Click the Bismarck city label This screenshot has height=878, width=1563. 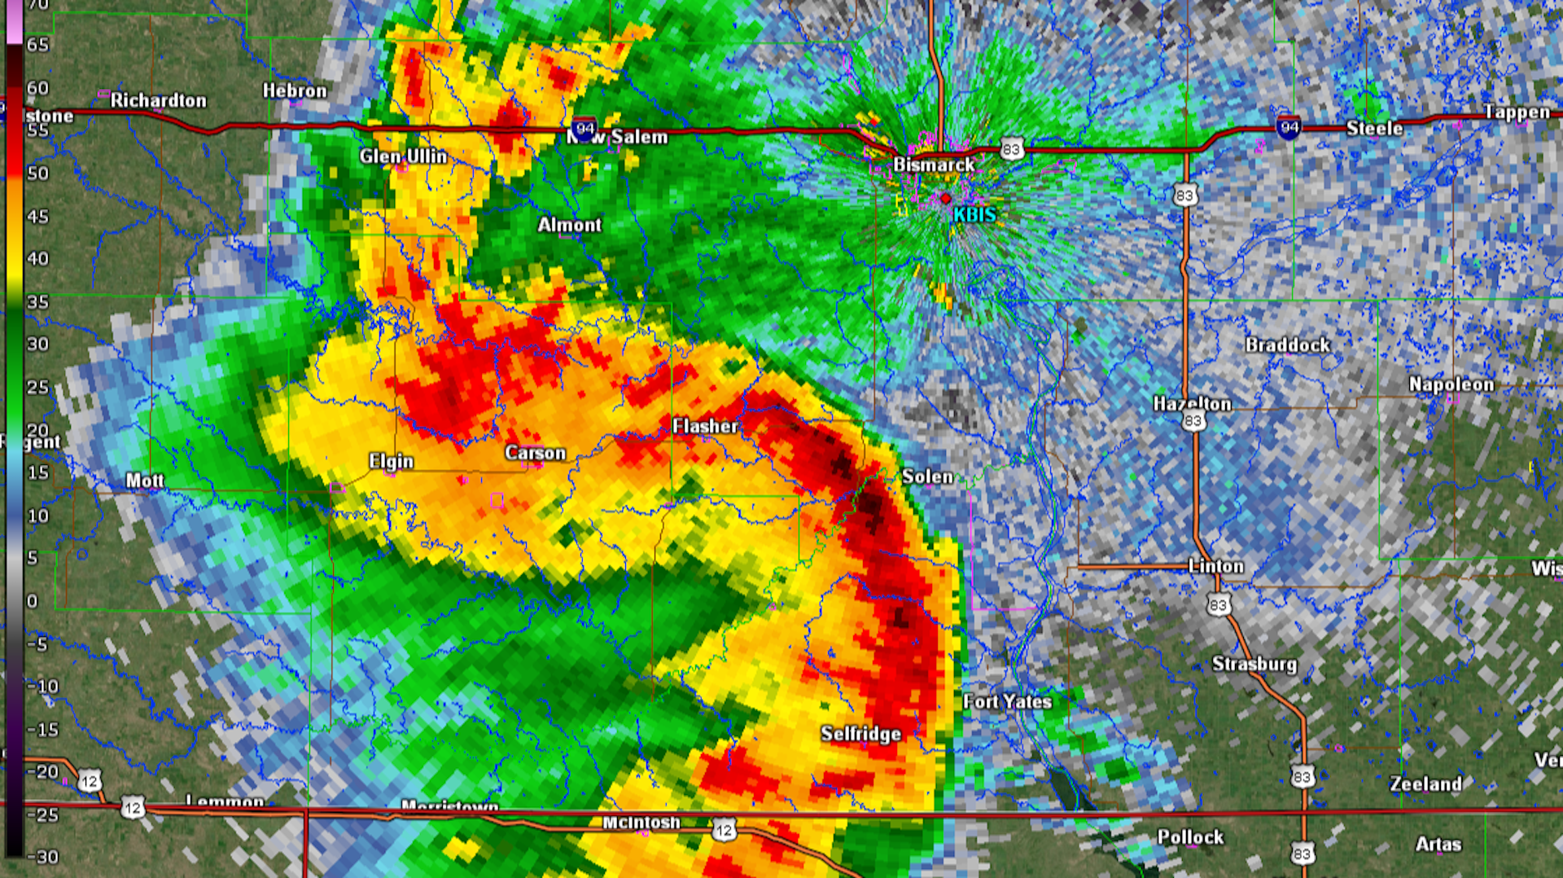click(934, 165)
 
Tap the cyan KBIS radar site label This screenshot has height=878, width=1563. click(974, 215)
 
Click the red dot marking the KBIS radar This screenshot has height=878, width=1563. click(945, 198)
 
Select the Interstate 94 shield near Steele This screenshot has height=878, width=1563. click(1288, 127)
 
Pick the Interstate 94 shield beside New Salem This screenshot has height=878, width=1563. click(584, 128)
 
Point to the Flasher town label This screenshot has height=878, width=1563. click(705, 426)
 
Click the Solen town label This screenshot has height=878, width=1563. click(927, 476)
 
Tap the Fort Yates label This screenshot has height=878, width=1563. click(1007, 701)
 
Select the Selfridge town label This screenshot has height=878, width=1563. click(860, 734)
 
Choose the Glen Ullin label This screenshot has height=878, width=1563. click(403, 156)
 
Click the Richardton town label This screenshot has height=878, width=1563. click(159, 100)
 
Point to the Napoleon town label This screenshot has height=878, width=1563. click(1451, 384)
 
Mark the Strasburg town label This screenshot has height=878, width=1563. click(1254, 664)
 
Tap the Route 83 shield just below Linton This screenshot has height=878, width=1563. click(1218, 605)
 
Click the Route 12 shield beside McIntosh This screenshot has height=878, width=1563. click(724, 831)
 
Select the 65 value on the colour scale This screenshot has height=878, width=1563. click(37, 45)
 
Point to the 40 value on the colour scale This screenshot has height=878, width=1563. click(37, 259)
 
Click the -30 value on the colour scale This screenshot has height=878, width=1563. click(42, 857)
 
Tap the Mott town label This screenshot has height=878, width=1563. click(145, 481)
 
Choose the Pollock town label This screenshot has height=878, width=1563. click(1190, 837)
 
